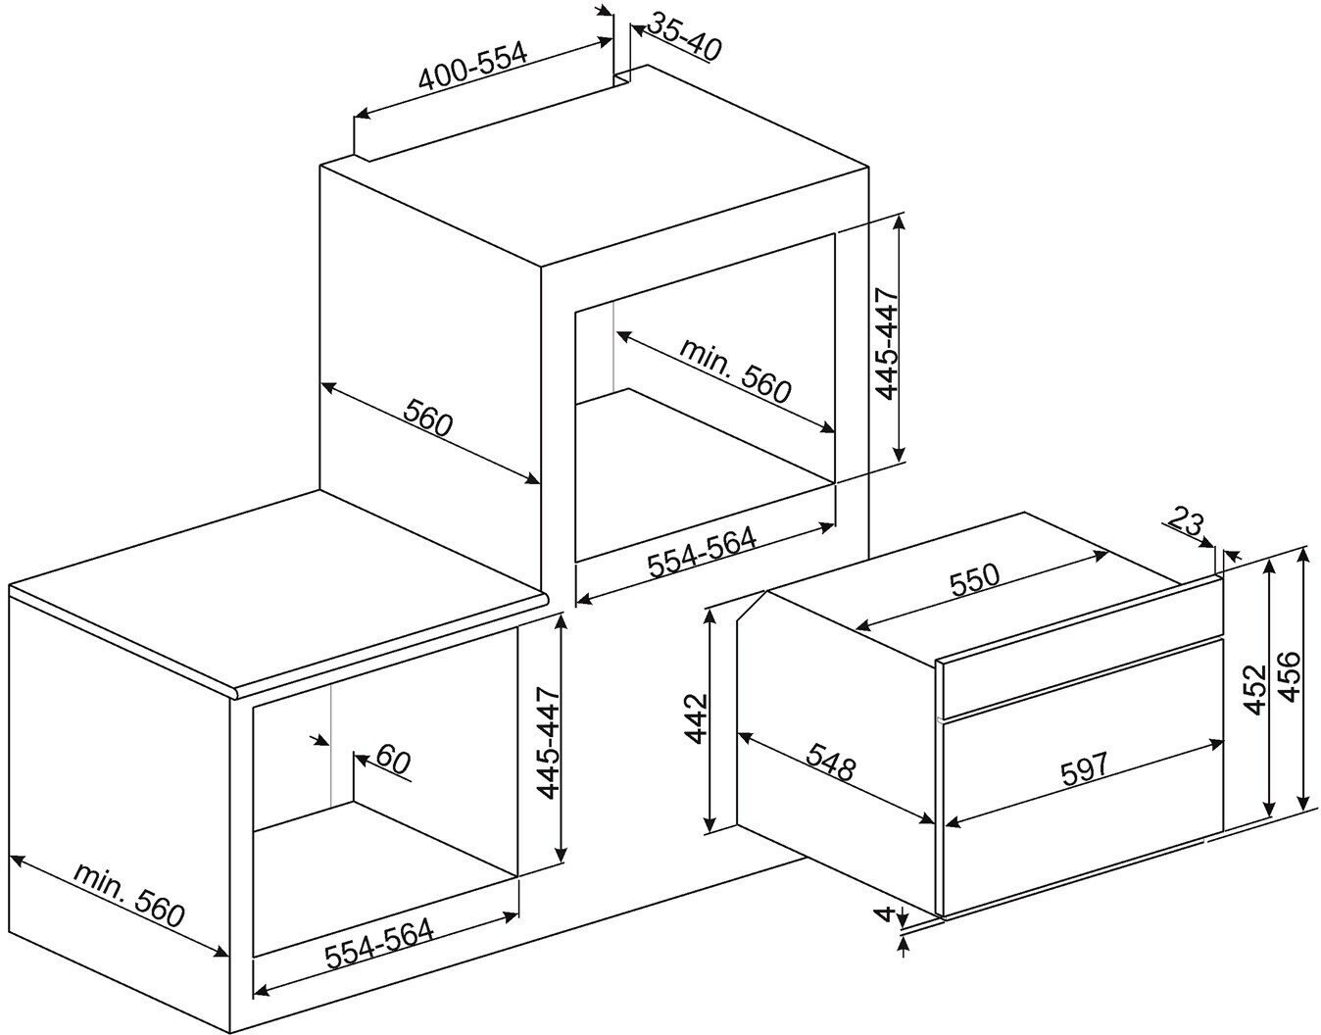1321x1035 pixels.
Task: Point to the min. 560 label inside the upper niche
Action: [735, 370]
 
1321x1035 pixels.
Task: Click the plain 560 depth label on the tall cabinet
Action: [428, 417]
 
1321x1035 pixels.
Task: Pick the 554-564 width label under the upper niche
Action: [702, 552]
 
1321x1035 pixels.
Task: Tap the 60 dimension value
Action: [393, 759]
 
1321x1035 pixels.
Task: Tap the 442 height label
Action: [696, 717]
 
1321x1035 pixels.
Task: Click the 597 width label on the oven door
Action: [1085, 768]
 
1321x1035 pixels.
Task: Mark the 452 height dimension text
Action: [1254, 689]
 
